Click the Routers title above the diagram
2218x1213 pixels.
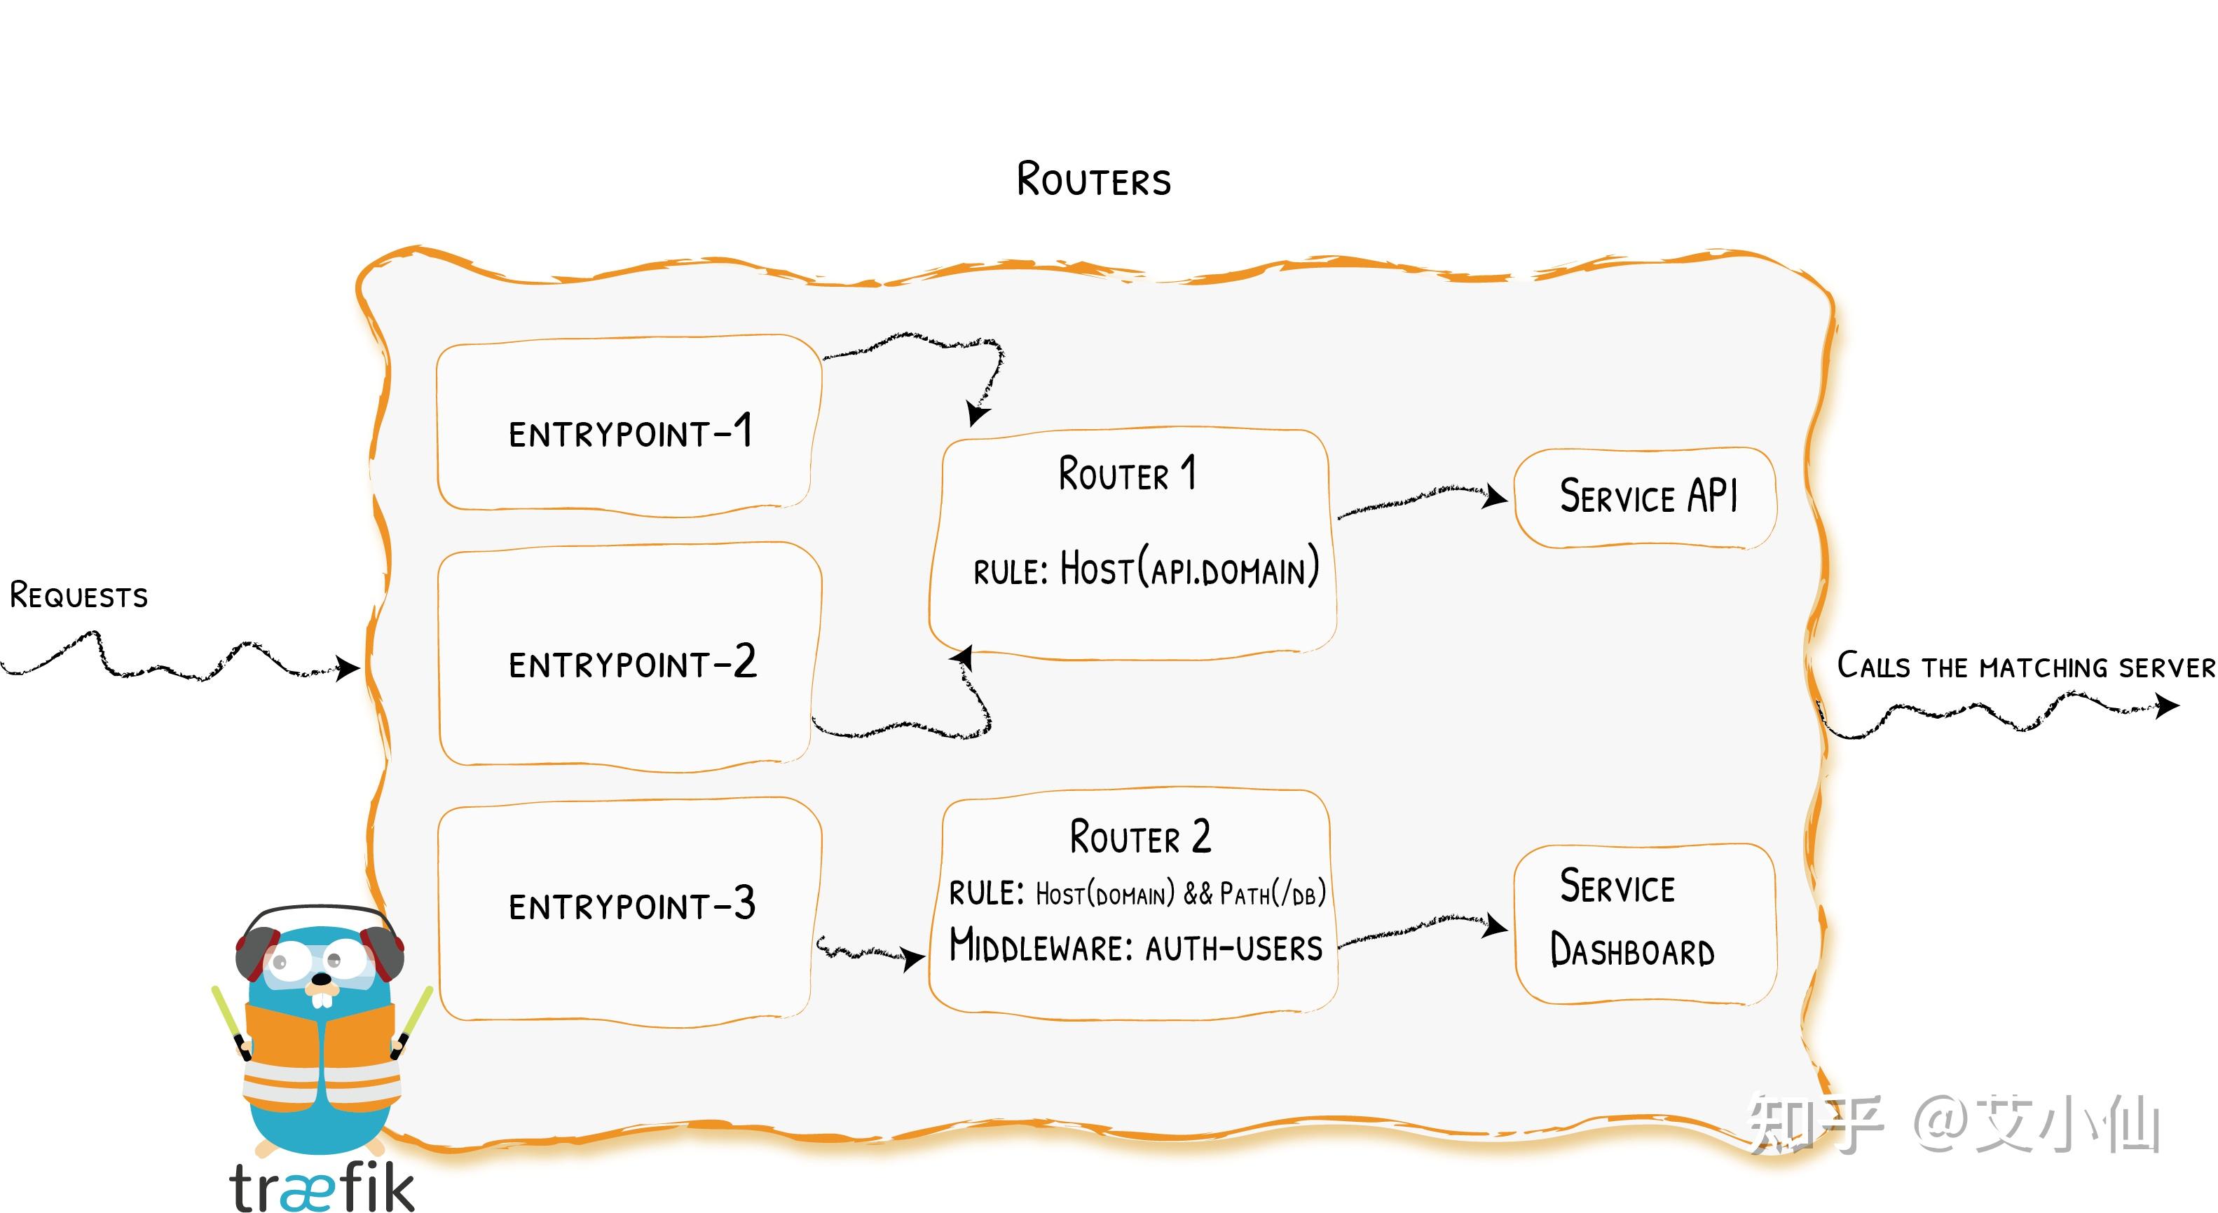[x=1093, y=179]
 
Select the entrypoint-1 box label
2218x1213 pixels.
[x=630, y=432]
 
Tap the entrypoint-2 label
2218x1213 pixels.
[x=632, y=663]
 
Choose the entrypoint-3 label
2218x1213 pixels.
[x=632, y=905]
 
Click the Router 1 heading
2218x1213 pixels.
[x=1127, y=474]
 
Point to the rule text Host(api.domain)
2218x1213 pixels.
[x=1145, y=569]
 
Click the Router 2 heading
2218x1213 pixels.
[x=1139, y=836]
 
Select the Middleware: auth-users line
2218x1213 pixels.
[x=1135, y=947]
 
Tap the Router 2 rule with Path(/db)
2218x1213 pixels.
[x=1137, y=893]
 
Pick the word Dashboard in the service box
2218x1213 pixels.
[x=1631, y=951]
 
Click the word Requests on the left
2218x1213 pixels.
[x=78, y=595]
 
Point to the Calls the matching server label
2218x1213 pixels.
[x=2025, y=666]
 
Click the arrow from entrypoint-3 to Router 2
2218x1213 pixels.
[x=870, y=953]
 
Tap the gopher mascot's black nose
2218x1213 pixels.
[x=320, y=980]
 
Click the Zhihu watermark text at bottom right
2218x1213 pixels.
[x=1955, y=1124]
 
